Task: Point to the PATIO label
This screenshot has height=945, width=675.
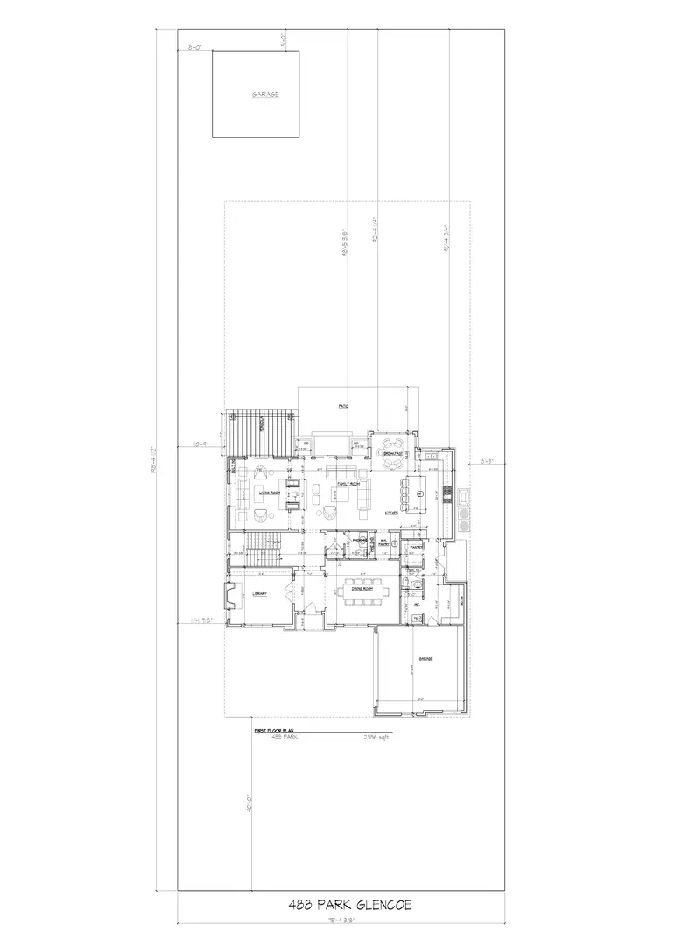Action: pyautogui.click(x=344, y=406)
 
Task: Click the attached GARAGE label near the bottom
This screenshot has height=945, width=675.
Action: pyautogui.click(x=425, y=658)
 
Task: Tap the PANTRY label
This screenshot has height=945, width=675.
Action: pyautogui.click(x=417, y=548)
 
